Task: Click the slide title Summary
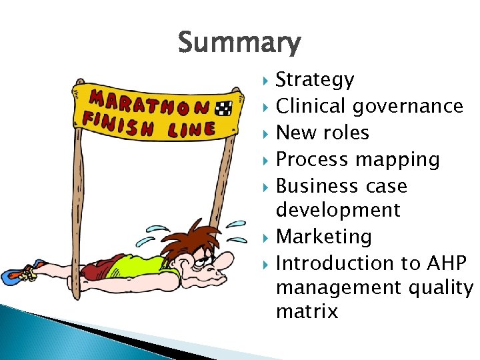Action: click(x=239, y=43)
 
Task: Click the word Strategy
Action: click(x=315, y=80)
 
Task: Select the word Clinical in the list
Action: click(x=311, y=106)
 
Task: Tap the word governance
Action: click(x=408, y=106)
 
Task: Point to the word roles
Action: click(x=345, y=133)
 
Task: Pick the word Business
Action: click(x=317, y=186)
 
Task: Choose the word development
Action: click(x=338, y=211)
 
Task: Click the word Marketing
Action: click(x=324, y=237)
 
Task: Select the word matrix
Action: click(x=307, y=311)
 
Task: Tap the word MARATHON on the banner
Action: click(x=149, y=102)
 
